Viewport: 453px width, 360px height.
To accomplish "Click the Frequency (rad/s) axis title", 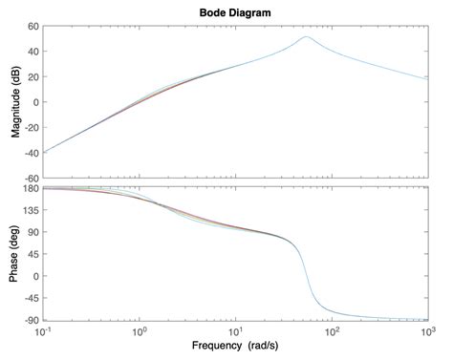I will [235, 345].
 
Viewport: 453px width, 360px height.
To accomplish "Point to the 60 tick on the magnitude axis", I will [32, 27].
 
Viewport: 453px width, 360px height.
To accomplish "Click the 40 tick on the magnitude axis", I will [32, 52].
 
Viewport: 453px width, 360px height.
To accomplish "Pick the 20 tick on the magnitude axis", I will [32, 77].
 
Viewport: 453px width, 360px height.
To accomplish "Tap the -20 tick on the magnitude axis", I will [30, 127].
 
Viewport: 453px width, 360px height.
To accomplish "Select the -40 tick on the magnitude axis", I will [30, 153].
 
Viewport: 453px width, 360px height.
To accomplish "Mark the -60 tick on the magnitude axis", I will [30, 178].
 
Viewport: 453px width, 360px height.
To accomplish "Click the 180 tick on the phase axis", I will [30, 187].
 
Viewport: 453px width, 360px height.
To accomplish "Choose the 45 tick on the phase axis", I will [32, 253].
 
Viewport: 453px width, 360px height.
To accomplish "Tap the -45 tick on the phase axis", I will [30, 297].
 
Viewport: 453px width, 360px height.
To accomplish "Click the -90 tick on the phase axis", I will [30, 319].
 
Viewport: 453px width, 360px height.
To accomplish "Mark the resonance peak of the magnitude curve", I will [306, 37].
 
